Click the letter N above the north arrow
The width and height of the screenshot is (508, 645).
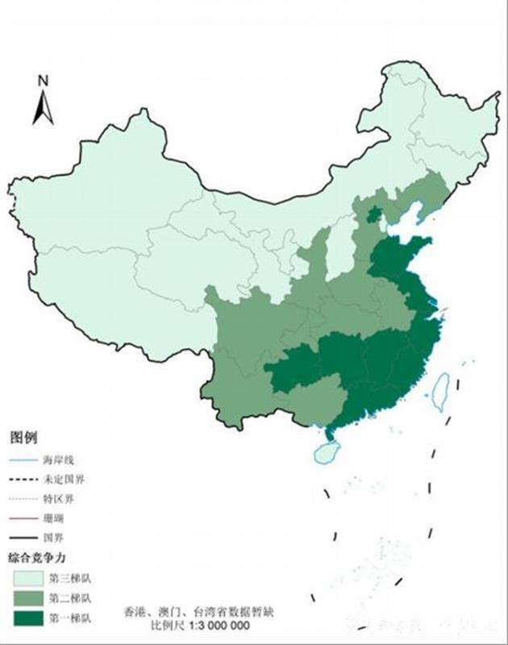(x=44, y=81)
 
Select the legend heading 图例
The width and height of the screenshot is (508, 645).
(x=23, y=439)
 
